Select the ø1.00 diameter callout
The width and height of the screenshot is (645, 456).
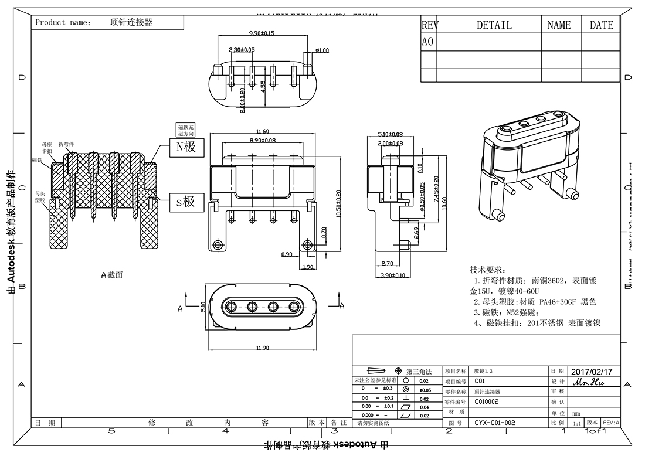point(322,50)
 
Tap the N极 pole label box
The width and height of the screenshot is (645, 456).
point(186,147)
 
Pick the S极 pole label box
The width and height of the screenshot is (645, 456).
point(186,202)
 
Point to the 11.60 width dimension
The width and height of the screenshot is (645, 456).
point(262,131)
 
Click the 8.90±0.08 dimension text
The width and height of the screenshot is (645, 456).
point(262,140)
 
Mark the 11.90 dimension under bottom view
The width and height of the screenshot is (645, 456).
point(262,348)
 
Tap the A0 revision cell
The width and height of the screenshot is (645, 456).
point(428,42)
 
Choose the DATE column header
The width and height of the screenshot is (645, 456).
point(601,25)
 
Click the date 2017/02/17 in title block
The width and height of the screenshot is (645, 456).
point(591,372)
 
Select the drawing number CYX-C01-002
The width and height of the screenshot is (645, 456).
point(495,422)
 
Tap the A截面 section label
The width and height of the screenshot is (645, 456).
point(112,274)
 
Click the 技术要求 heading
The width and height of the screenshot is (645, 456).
point(487,270)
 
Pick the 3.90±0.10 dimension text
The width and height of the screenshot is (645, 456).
point(392,275)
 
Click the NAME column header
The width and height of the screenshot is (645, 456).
point(559,25)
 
